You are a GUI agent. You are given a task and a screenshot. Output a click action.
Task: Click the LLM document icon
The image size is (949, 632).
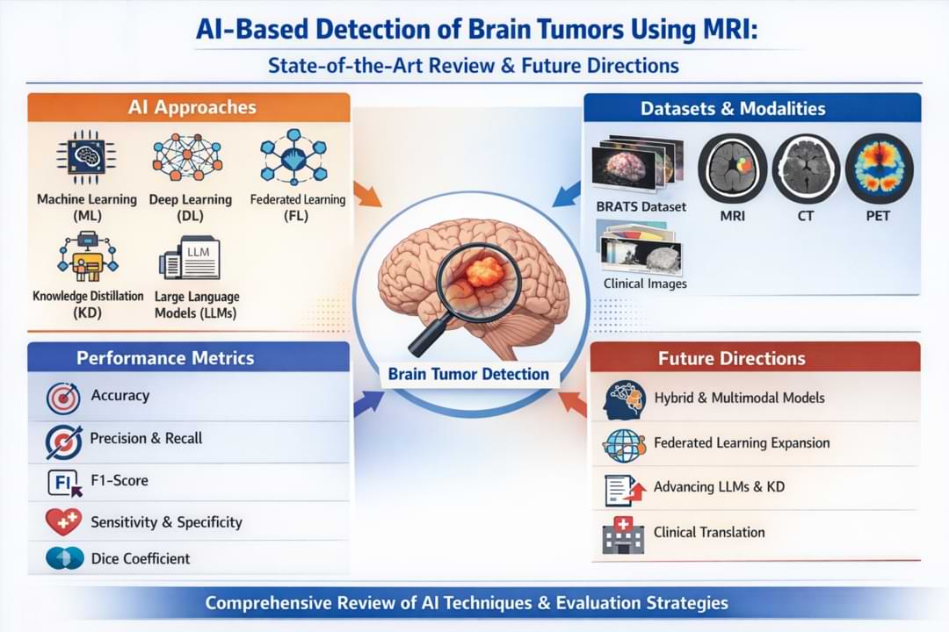tap(190, 261)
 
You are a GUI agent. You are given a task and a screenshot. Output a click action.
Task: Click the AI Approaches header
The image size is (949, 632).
tap(192, 107)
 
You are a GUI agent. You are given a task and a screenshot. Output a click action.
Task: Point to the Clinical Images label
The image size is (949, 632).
tap(645, 284)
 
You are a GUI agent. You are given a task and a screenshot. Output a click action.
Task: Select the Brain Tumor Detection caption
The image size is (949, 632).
tap(468, 374)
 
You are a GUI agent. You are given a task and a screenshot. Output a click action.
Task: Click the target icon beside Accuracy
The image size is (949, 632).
tap(63, 398)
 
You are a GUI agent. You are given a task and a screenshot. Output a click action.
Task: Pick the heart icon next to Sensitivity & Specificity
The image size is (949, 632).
tap(63, 522)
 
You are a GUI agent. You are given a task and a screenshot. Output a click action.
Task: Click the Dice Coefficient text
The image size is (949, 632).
tap(141, 558)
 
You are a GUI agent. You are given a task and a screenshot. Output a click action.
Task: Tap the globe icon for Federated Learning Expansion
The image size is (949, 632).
tap(624, 444)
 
